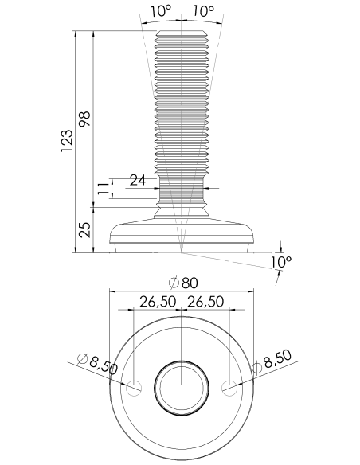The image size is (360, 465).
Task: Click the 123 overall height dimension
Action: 67,141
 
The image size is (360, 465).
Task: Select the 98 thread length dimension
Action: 84,119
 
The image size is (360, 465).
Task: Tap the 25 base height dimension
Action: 84,230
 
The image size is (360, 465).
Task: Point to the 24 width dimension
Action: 139,180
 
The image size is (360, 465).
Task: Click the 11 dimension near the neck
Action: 104,189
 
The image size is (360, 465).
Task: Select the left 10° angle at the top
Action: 161,11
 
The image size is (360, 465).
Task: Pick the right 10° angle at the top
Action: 203,11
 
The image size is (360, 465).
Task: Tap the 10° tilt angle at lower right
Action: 281,261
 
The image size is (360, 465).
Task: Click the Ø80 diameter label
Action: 183,283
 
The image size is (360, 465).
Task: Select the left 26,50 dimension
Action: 158,302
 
